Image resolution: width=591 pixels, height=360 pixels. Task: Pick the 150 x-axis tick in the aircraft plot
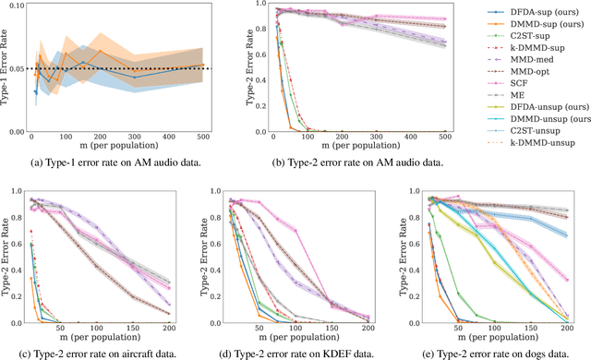[x=138, y=330]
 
